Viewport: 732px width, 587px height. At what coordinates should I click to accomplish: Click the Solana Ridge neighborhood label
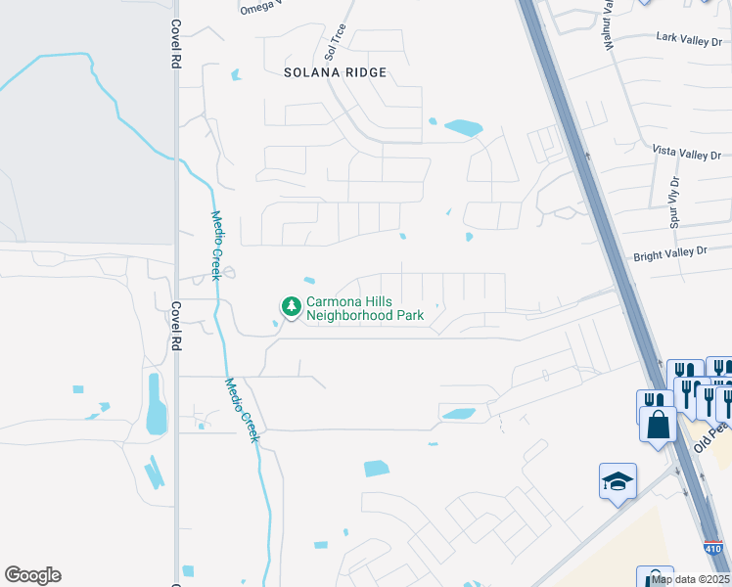[x=336, y=72]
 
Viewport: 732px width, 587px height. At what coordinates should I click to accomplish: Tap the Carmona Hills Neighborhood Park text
[x=365, y=308]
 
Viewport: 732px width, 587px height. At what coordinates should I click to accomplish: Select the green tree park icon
[x=291, y=307]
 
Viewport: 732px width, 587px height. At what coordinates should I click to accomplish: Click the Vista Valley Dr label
[x=686, y=155]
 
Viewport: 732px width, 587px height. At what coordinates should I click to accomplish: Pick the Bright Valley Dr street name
[x=669, y=251]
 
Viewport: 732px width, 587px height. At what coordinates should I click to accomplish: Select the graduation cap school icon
[x=618, y=481]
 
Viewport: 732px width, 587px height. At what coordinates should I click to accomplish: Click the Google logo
[x=32, y=575]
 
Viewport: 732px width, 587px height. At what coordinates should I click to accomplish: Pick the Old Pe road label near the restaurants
[x=712, y=436]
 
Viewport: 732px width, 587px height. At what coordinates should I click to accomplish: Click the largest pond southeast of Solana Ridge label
[x=463, y=127]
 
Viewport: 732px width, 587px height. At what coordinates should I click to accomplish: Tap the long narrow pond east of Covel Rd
[x=157, y=403]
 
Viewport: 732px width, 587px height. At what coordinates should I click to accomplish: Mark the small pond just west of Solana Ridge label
[x=235, y=74]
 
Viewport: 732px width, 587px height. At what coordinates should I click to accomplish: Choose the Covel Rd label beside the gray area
[x=176, y=44]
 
